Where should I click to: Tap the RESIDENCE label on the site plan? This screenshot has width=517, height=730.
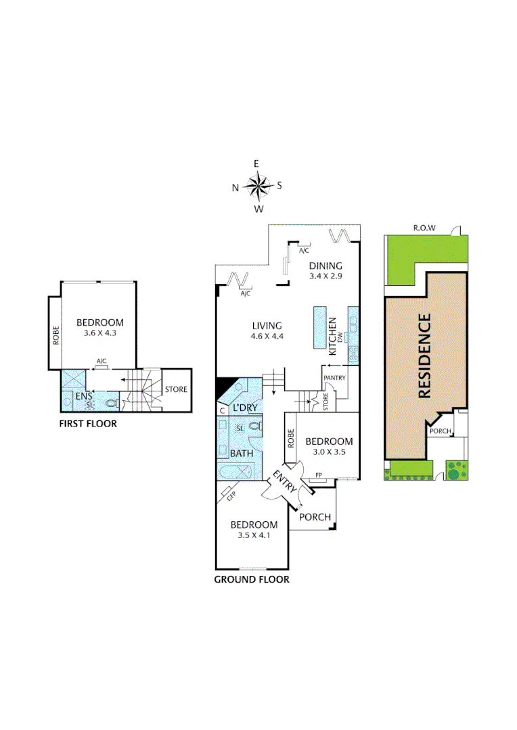425,355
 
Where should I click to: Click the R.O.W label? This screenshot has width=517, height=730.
424,228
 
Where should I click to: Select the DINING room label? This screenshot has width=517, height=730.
325,266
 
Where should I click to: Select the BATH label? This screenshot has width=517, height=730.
242,453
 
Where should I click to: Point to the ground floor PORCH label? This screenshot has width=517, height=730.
315,518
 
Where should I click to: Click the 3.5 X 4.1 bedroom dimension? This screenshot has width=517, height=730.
253,535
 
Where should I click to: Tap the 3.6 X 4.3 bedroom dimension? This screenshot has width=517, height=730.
99,333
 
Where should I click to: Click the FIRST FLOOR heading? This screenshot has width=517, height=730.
87,424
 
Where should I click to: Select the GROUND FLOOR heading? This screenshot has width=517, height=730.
252,579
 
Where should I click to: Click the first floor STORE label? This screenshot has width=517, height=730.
176,389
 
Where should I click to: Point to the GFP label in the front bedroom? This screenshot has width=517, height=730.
231,497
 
